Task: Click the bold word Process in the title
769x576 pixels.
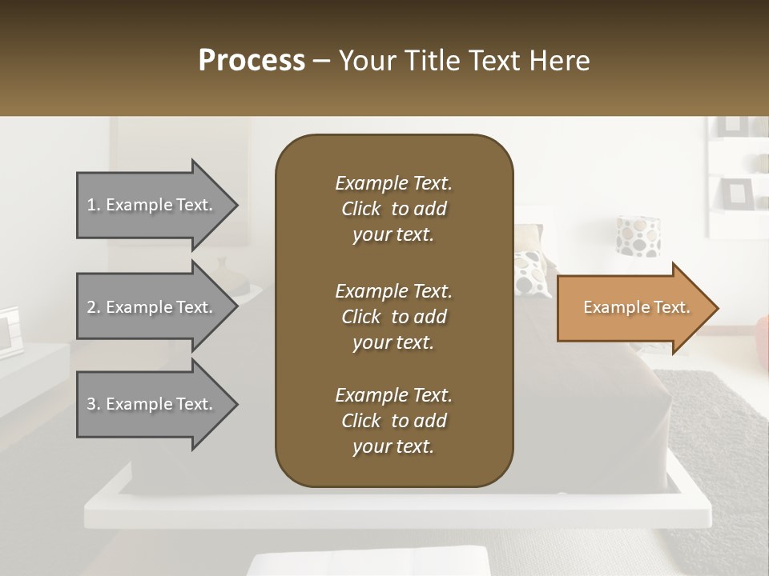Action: pyautogui.click(x=252, y=61)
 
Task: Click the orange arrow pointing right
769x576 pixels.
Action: pyautogui.click(x=633, y=308)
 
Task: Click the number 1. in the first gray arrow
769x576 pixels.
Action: pyautogui.click(x=93, y=205)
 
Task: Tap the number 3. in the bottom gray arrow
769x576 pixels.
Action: pyautogui.click(x=93, y=404)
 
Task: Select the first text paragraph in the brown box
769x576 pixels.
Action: pyautogui.click(x=393, y=209)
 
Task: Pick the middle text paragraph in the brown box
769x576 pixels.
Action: pyautogui.click(x=393, y=317)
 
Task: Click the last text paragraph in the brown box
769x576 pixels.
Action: pyautogui.click(x=393, y=421)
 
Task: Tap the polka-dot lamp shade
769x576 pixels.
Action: pyautogui.click(x=638, y=236)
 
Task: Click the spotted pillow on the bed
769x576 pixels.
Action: pyautogui.click(x=531, y=272)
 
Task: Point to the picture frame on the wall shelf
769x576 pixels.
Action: pyautogui.click(x=735, y=193)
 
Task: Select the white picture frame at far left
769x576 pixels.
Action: pyautogui.click(x=10, y=330)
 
